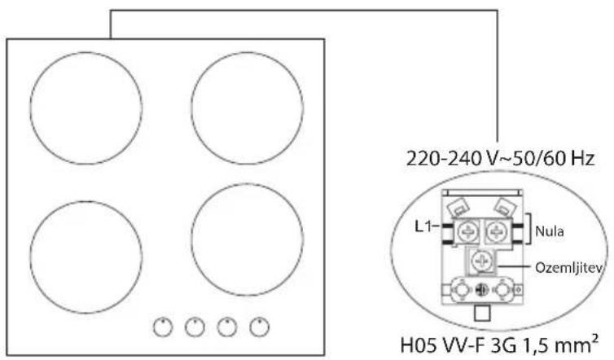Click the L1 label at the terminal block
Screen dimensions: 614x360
pos(423,226)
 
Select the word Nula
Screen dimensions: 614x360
pos(550,231)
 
